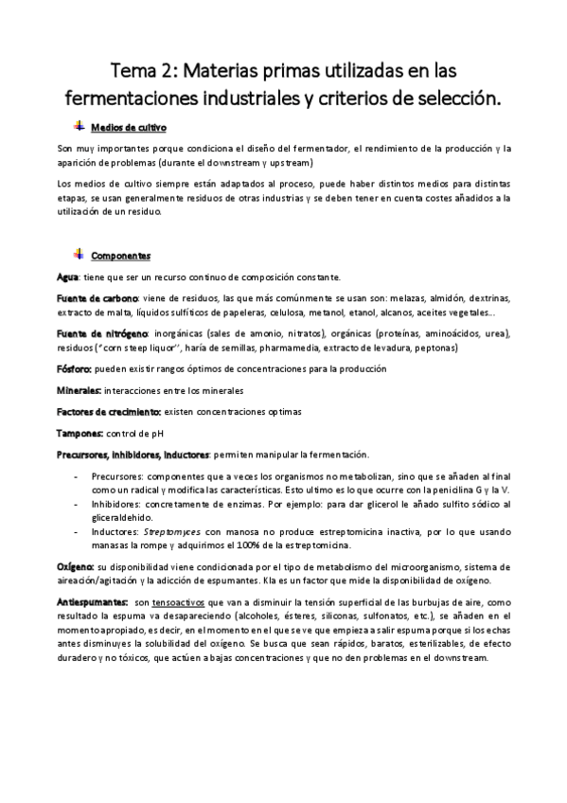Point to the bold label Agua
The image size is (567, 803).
pos(68,277)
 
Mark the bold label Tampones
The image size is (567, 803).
pos(79,433)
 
